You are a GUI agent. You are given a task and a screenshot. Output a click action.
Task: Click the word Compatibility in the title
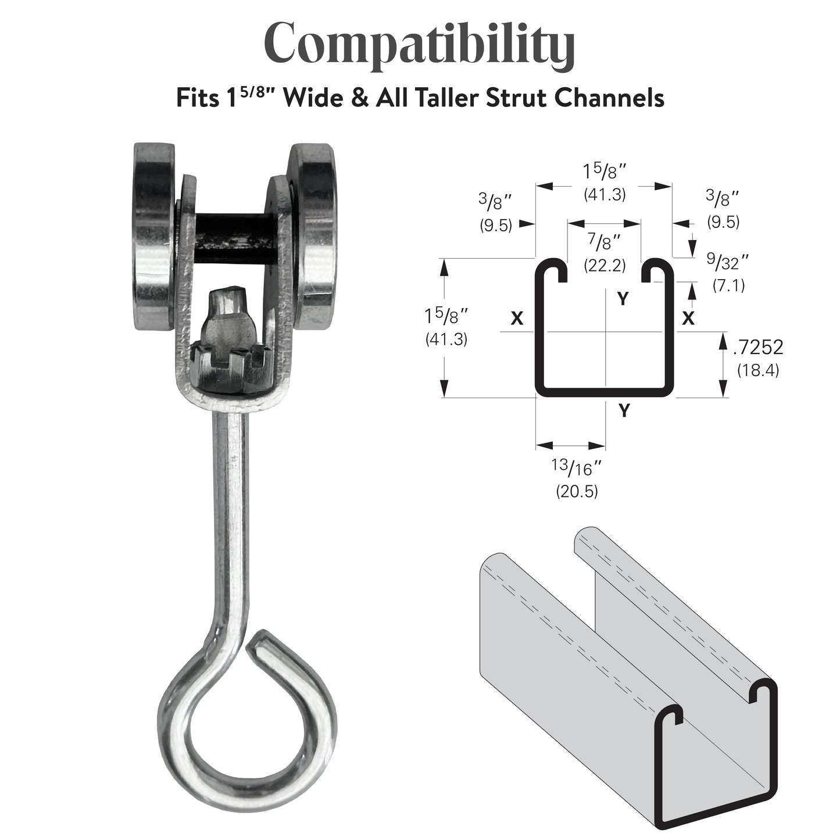point(419,46)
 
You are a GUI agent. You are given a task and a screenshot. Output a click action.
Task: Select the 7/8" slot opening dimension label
point(605,242)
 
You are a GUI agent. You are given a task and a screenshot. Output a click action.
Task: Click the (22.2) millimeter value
point(605,265)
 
